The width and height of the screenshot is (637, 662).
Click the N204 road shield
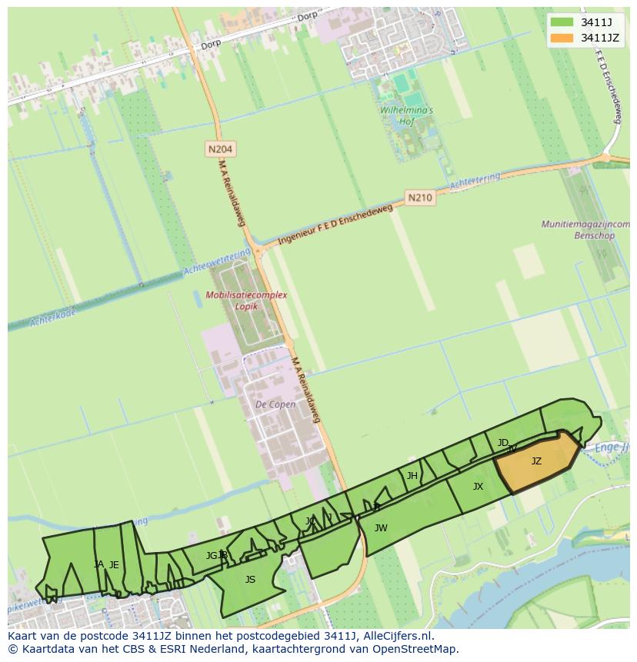(x=220, y=148)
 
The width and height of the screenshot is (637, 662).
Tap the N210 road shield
(x=419, y=198)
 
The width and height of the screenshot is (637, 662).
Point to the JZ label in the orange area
(x=536, y=461)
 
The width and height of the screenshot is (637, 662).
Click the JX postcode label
(x=478, y=487)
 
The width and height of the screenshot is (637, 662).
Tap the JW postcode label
(x=381, y=527)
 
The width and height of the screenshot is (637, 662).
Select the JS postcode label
(x=250, y=580)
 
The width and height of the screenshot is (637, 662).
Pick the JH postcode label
(x=412, y=476)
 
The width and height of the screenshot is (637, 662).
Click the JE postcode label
(x=114, y=565)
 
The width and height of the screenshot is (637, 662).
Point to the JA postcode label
(x=98, y=564)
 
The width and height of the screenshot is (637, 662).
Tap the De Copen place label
(x=275, y=404)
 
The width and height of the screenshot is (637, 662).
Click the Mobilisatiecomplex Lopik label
(x=246, y=301)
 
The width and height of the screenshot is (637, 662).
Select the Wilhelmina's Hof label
(x=406, y=115)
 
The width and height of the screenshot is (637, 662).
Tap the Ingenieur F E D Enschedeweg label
(x=335, y=223)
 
